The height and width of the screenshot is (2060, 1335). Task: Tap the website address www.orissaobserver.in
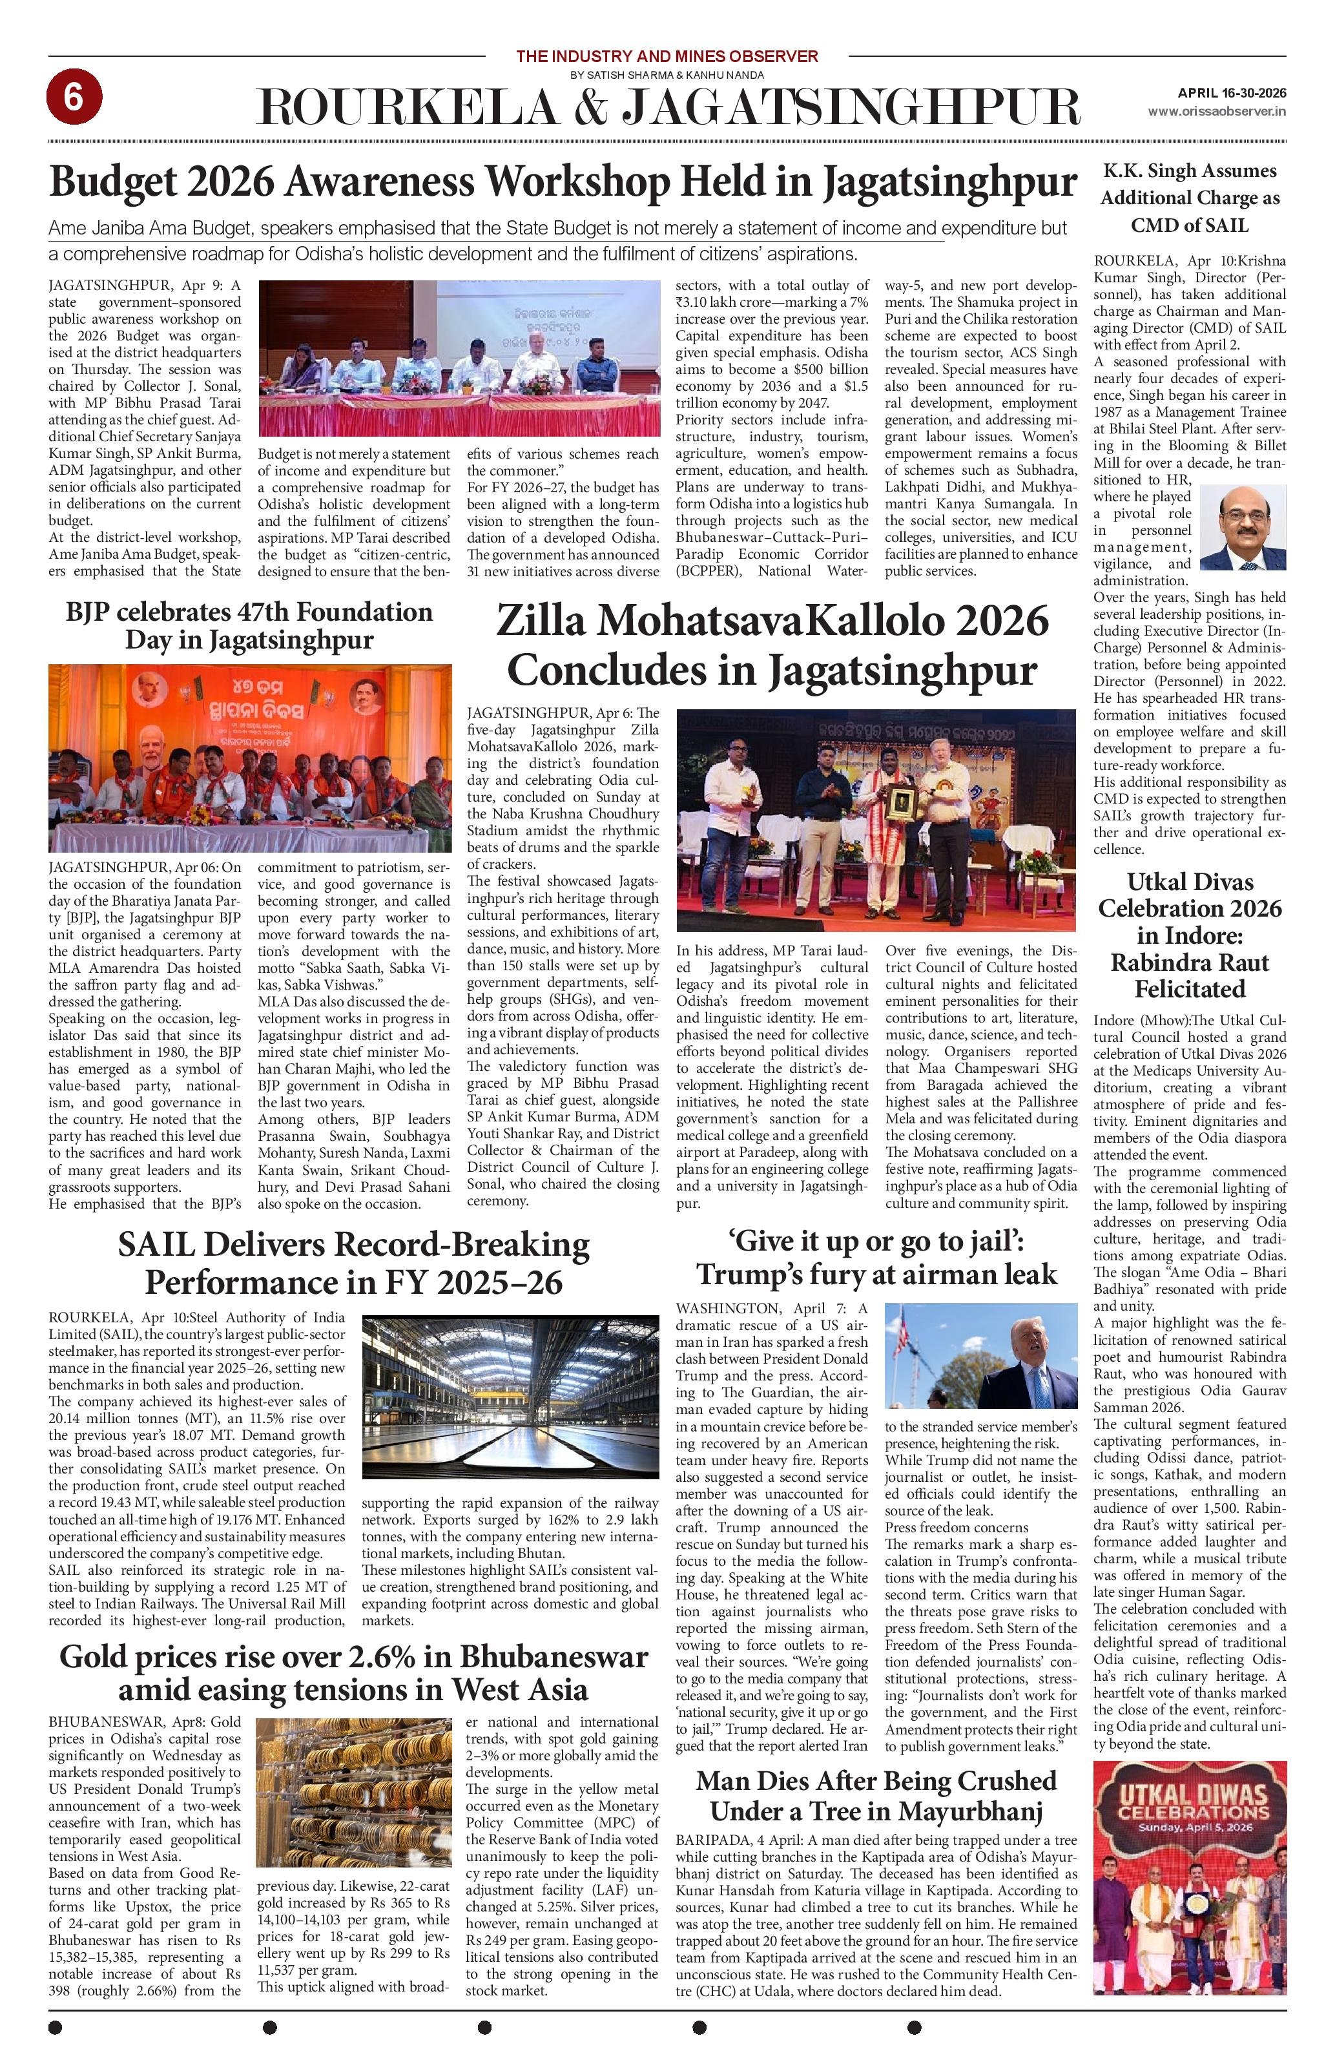pos(1216,112)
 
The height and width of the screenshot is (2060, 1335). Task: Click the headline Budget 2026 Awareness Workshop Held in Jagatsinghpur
pos(563,183)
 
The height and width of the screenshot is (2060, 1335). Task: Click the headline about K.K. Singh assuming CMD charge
pos(1189,198)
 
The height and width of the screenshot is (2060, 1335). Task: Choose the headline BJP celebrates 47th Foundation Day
pos(249,626)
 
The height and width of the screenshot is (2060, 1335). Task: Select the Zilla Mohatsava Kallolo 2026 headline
pos(772,646)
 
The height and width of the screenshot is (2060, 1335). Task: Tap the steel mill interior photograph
pos(510,1397)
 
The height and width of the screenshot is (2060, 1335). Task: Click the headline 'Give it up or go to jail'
pos(876,1258)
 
